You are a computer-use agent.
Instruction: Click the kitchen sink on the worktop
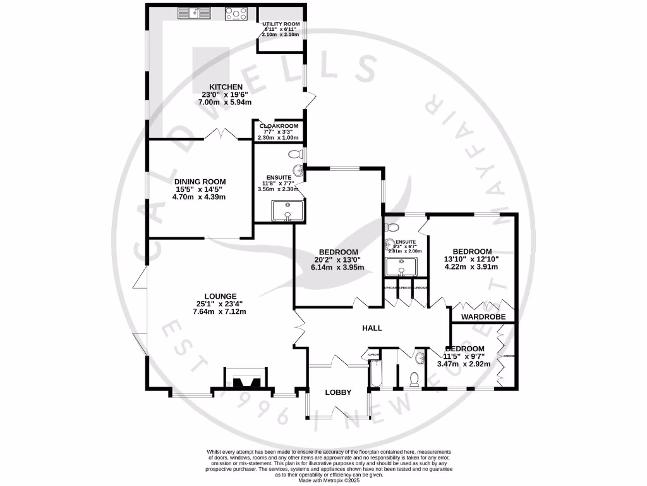pos(193,12)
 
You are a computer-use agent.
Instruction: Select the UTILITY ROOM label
pos(282,24)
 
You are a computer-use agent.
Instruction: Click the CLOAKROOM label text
pos(278,126)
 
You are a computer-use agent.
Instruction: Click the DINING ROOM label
pos(199,181)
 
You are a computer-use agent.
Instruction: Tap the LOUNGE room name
pos(220,296)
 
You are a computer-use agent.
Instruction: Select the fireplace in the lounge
pos(246,379)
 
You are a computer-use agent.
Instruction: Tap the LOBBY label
pos(337,392)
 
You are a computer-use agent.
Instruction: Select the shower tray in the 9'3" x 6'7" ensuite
pos(401,268)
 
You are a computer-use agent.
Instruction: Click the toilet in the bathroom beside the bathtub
pos(415,378)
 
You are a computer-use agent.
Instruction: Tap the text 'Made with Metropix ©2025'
pos(329,480)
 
